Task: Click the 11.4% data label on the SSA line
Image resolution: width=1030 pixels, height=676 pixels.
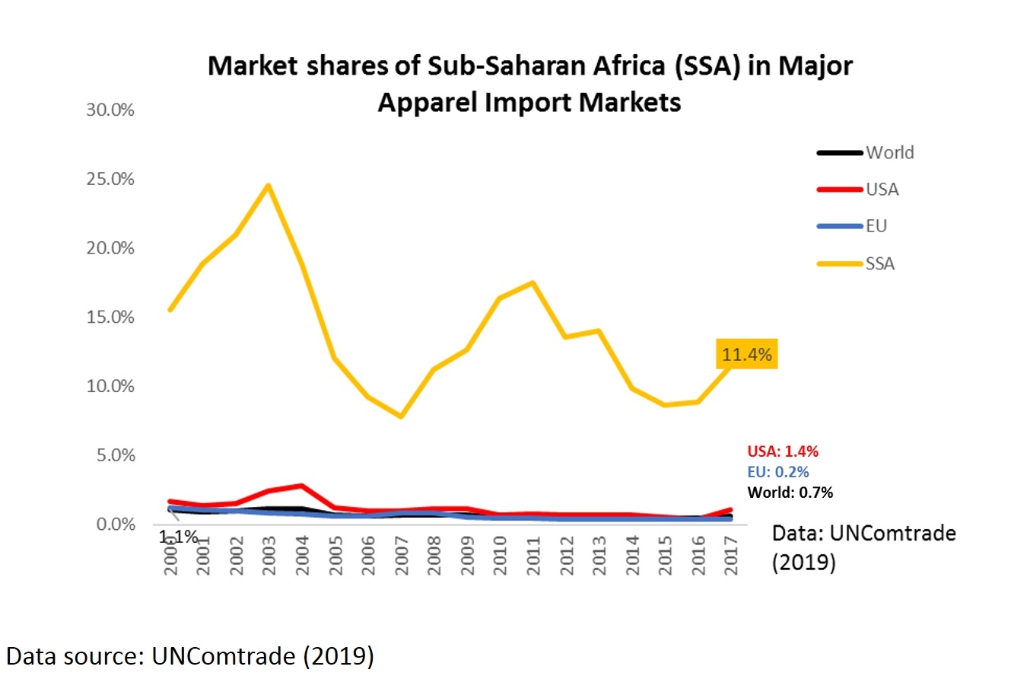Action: pyautogui.click(x=746, y=354)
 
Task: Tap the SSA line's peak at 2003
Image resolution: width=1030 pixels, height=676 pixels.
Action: pyautogui.click(x=268, y=185)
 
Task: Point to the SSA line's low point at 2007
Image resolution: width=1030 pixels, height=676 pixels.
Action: pyautogui.click(x=400, y=416)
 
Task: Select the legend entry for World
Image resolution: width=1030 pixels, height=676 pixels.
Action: pyautogui.click(x=889, y=152)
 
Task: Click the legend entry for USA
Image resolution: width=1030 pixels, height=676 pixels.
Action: pyautogui.click(x=882, y=190)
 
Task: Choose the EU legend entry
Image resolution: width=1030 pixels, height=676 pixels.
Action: pyautogui.click(x=876, y=226)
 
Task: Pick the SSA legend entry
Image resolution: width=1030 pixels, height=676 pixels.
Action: pyautogui.click(x=879, y=263)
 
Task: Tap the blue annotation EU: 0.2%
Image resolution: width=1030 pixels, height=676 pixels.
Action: pyautogui.click(x=778, y=472)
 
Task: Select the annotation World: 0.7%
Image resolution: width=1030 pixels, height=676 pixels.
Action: pyautogui.click(x=790, y=493)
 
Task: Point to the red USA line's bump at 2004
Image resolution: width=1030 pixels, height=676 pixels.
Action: pyautogui.click(x=302, y=486)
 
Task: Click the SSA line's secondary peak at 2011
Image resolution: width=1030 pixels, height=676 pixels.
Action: pyautogui.click(x=533, y=282)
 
